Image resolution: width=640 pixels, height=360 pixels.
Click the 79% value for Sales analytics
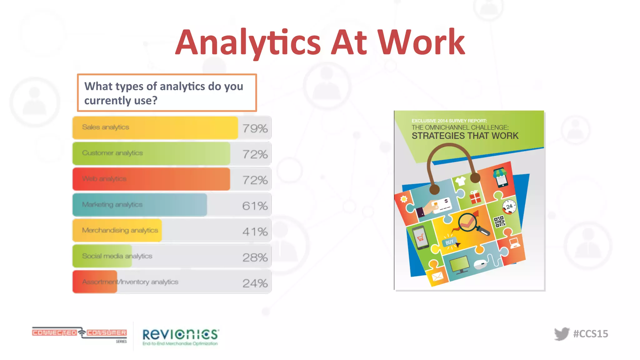coord(255,128)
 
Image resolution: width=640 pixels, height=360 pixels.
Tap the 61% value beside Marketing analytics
coord(255,206)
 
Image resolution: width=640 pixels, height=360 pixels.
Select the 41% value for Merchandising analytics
coord(255,232)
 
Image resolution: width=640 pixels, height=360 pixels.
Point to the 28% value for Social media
coord(255,257)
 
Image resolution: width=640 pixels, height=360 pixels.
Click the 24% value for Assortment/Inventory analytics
coord(255,283)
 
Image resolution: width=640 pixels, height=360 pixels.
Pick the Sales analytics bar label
coord(106,127)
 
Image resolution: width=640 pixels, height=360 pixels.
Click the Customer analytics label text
coord(112,153)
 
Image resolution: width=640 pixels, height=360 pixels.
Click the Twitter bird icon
coord(562,334)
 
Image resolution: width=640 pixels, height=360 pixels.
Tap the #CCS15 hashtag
coord(591,334)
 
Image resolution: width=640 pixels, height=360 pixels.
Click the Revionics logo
coord(181,336)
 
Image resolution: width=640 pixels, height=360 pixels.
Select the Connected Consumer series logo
coord(79,334)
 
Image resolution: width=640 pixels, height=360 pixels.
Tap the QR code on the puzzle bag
coord(499,222)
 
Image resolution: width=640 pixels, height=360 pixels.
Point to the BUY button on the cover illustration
coord(449,242)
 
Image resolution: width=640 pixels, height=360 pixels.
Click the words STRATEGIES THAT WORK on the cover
coord(465,136)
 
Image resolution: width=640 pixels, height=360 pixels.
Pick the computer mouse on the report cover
coord(480,264)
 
